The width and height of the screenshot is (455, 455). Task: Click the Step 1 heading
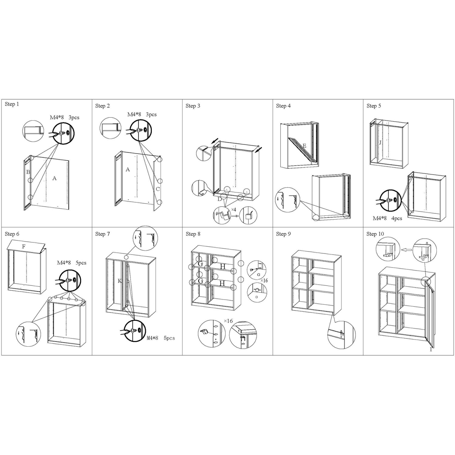point(12,104)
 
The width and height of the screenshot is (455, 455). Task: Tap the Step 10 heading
point(375,234)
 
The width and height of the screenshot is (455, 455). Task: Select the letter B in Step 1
point(28,172)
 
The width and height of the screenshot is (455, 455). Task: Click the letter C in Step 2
point(158,189)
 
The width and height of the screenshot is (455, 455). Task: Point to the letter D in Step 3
point(219,199)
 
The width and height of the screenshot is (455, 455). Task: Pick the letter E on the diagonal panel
point(305,146)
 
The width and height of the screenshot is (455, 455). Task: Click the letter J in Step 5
point(380,142)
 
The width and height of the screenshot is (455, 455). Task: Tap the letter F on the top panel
point(24,247)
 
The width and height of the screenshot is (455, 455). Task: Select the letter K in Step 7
point(120,281)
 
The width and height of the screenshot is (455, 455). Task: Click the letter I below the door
point(431,350)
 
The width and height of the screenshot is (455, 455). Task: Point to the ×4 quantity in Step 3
point(233,210)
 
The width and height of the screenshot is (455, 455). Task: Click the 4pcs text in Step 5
point(397,218)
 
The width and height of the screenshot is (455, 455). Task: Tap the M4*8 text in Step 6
point(64,263)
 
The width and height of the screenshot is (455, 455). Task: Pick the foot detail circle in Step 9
point(342,335)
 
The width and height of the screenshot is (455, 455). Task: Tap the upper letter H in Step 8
point(223,267)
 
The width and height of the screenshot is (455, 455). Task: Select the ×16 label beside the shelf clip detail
point(228,321)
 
